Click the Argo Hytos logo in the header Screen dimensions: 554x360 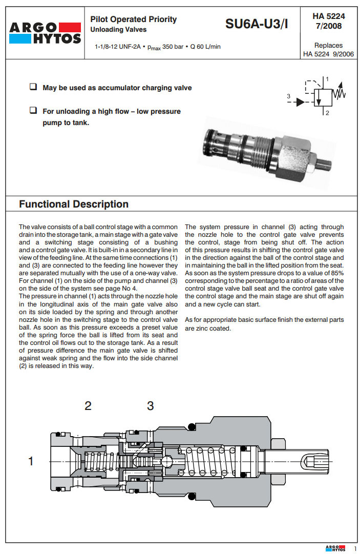[x=45, y=33]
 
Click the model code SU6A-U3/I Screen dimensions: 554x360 [x=257, y=24]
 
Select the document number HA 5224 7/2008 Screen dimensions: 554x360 [x=328, y=21]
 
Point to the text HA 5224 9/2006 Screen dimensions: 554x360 [x=328, y=54]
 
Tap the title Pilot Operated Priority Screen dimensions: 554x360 [x=133, y=19]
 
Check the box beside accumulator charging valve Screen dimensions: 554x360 [x=33, y=87]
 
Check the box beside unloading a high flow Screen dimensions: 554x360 [x=33, y=110]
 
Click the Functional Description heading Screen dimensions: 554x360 [x=74, y=204]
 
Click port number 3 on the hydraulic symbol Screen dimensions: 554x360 [x=289, y=96]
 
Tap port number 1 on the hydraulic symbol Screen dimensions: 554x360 [x=327, y=78]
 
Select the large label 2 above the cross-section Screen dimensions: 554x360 [x=88, y=406]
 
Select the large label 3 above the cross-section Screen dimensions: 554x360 [x=150, y=406]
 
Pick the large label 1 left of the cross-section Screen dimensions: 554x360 [x=31, y=461]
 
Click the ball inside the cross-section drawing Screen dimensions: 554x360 [x=166, y=461]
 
